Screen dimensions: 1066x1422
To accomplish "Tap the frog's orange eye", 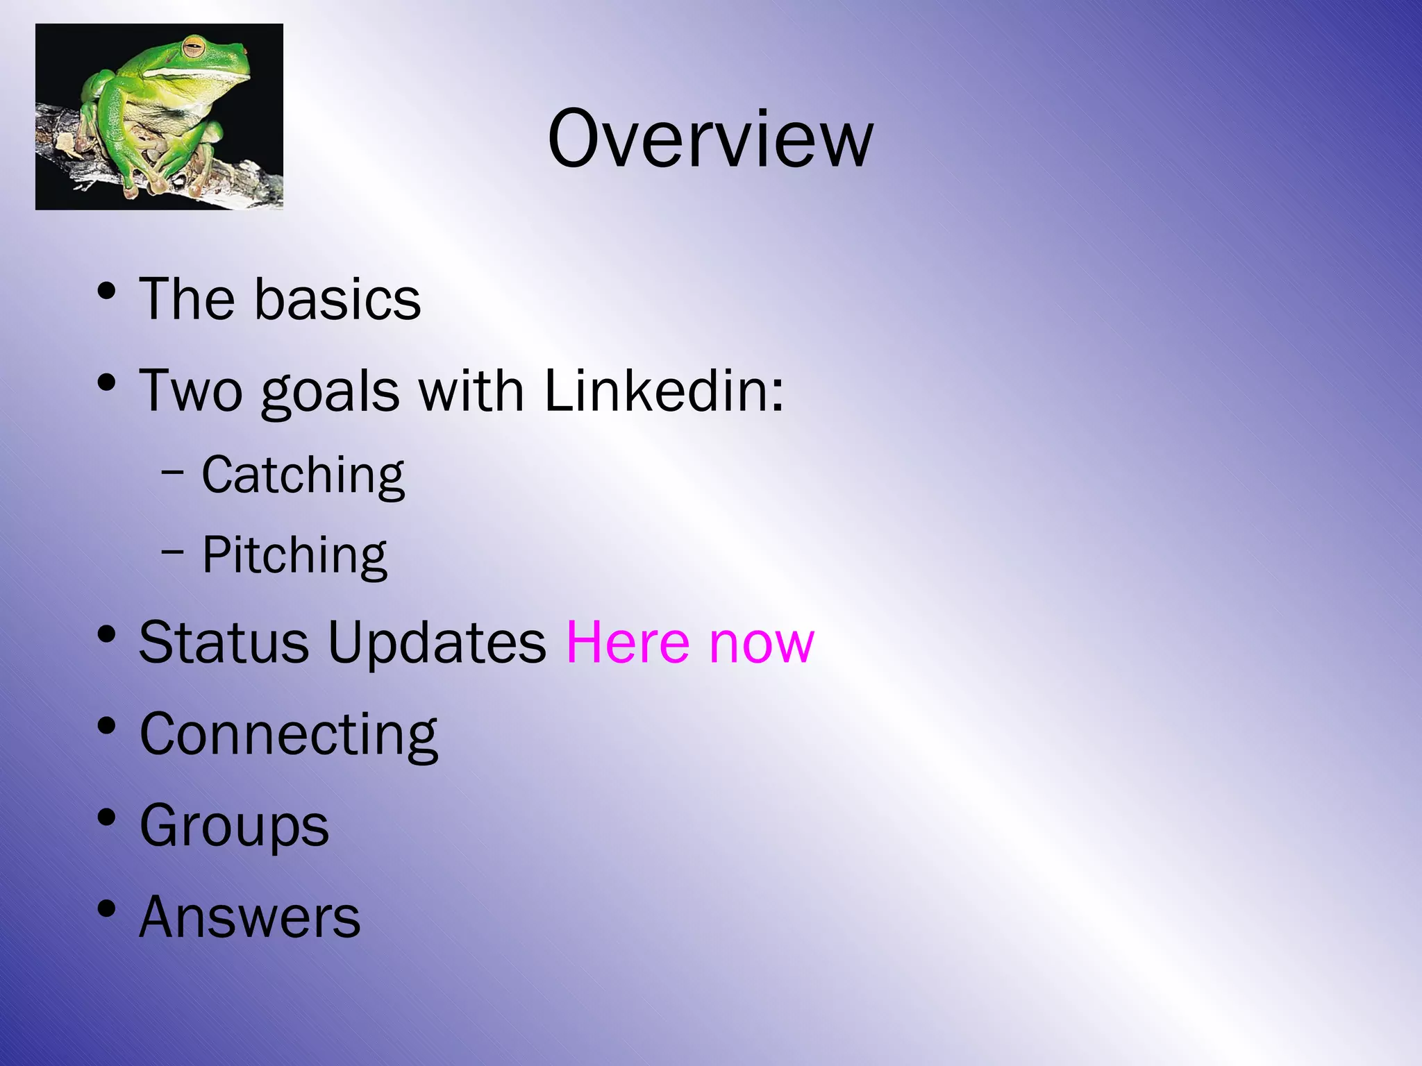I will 194,48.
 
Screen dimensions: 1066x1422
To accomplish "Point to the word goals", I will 330,392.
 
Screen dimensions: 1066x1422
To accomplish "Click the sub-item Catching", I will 303,475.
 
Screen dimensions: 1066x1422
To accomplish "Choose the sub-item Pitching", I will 294,555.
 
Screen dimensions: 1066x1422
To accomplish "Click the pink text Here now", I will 690,642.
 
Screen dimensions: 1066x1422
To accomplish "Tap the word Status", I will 224,642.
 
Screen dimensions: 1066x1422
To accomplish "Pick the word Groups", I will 234,826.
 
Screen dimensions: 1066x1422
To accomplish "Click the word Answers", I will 249,917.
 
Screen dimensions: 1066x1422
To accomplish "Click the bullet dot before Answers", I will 106,908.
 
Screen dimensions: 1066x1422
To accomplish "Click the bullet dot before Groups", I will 106,817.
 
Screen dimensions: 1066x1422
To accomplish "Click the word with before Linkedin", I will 471,390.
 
